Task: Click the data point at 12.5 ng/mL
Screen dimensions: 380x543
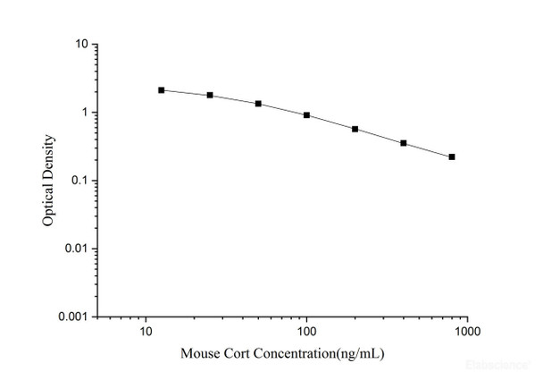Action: coord(161,90)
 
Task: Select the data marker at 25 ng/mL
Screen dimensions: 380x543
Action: coord(210,95)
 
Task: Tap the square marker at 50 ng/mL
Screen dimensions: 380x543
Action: coord(258,104)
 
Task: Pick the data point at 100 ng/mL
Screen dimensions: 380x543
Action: coord(306,115)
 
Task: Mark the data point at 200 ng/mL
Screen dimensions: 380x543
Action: coord(355,129)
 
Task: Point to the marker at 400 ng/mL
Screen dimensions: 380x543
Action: coord(404,143)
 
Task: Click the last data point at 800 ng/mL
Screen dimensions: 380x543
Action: coord(452,157)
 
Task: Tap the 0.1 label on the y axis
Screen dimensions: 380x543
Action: coord(79,181)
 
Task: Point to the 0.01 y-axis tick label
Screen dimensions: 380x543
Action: coord(76,249)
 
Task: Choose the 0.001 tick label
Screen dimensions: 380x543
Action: coord(73,317)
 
